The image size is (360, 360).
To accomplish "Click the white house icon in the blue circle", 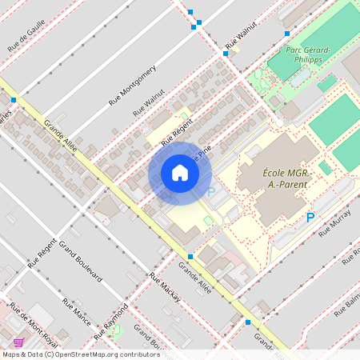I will pyautogui.click(x=180, y=173).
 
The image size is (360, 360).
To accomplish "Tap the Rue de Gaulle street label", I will pyautogui.click(x=26, y=36).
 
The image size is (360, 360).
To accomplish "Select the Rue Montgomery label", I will pyautogui.click(x=132, y=86).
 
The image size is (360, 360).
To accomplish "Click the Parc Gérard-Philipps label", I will pyautogui.click(x=309, y=54).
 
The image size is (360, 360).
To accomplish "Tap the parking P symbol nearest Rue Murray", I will pyautogui.click(x=310, y=218).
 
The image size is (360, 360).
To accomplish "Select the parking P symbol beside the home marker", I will pyautogui.click(x=211, y=192).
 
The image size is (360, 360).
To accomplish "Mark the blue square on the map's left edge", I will pyautogui.click(x=14, y=100).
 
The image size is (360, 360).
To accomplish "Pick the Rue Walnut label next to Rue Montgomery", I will pyautogui.click(x=150, y=102).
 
